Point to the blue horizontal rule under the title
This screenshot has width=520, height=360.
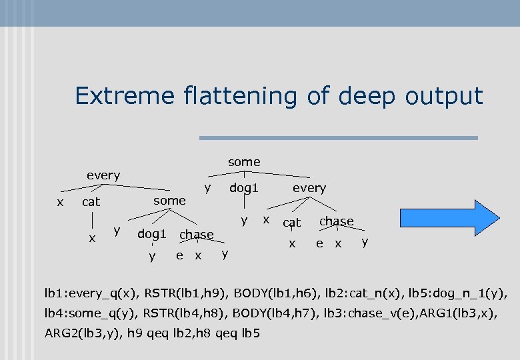click(339, 138)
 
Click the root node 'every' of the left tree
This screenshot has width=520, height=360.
click(103, 175)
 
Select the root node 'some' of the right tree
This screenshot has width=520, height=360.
click(244, 162)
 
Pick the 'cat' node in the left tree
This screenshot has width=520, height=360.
click(91, 201)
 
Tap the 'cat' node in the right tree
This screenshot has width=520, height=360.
click(292, 222)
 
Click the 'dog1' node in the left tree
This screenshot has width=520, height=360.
click(151, 234)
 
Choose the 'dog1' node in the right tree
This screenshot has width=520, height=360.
click(244, 188)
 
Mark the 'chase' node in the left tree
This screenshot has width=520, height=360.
click(197, 235)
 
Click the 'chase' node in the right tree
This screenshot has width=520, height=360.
click(337, 221)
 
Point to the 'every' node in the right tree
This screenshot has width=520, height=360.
click(309, 188)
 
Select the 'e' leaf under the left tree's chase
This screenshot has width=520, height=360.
click(179, 255)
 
